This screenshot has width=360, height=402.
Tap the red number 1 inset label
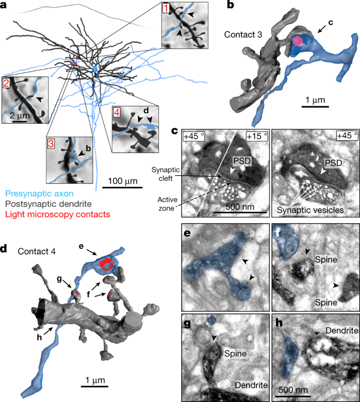pyautogui.click(x=167, y=9)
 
